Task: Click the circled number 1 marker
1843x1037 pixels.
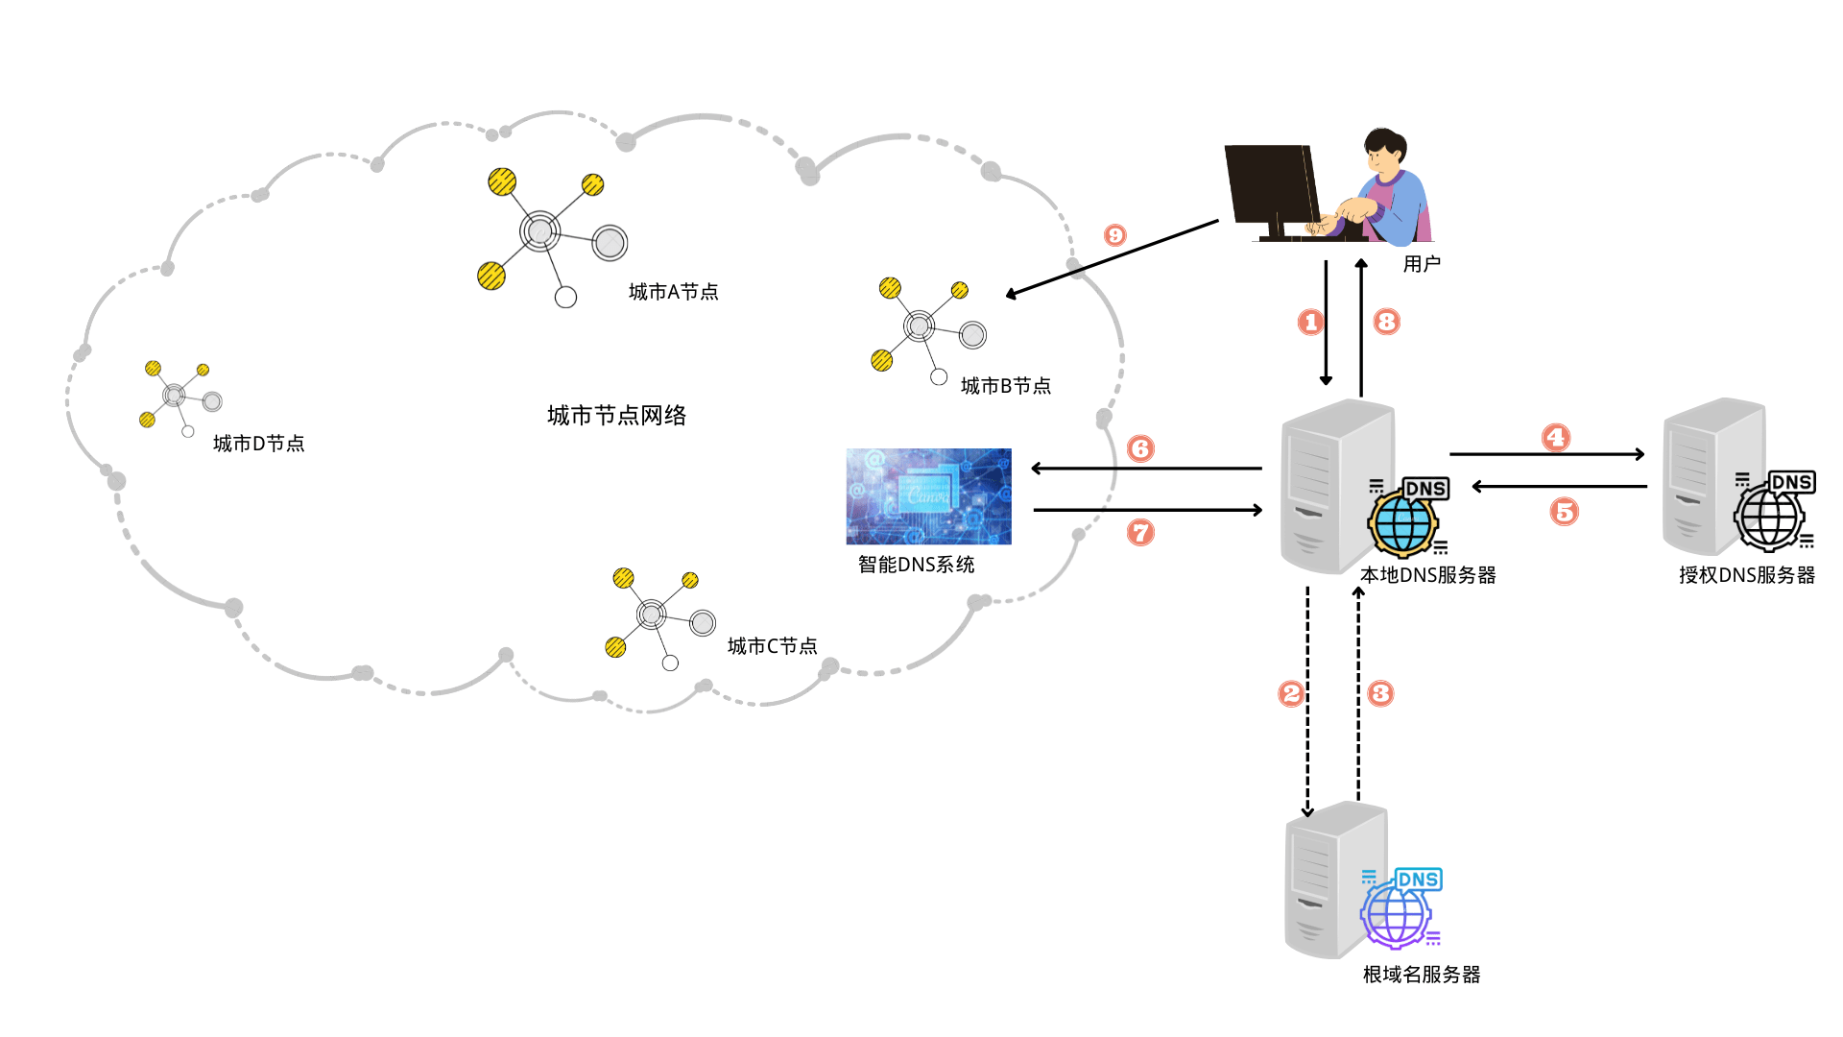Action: [x=1311, y=323]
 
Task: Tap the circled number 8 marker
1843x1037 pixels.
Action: [x=1386, y=322]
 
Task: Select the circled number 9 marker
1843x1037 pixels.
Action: [x=1114, y=235]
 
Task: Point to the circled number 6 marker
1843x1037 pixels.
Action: [x=1140, y=448]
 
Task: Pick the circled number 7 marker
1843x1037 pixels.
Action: [x=1140, y=532]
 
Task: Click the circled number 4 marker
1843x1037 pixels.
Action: [x=1556, y=438]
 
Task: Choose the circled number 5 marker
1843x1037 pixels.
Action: [x=1565, y=512]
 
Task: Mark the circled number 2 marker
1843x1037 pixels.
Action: [x=1291, y=693]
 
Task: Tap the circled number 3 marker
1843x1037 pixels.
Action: [x=1380, y=693]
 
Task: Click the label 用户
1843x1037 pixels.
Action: [x=1422, y=264]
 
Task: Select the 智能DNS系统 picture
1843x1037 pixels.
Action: [x=928, y=496]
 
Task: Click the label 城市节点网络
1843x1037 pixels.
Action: [x=616, y=416]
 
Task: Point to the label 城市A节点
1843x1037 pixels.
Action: [x=673, y=292]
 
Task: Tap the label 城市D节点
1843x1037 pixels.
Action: [x=258, y=444]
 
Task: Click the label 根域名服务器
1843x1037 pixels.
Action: [x=1422, y=975]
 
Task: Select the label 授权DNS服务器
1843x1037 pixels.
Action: [x=1747, y=575]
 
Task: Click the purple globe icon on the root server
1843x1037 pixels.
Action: [x=1397, y=916]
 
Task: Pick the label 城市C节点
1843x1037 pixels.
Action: [x=772, y=646]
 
